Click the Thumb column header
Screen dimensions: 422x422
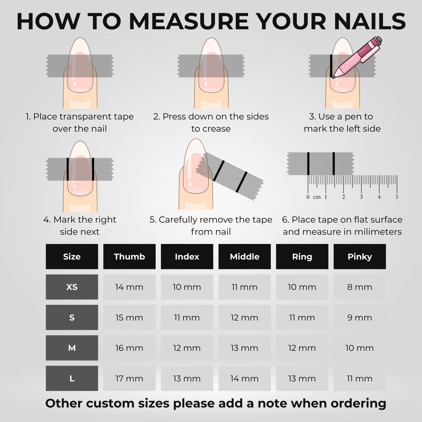pos(129,256)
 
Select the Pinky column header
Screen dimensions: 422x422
pos(359,256)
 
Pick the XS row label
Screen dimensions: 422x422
pos(72,287)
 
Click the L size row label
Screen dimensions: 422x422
pos(72,378)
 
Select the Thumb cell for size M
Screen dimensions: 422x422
pos(129,348)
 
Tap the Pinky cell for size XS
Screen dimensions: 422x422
pos(359,287)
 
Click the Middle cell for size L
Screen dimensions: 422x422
pos(244,378)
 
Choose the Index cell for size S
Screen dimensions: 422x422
pos(187,317)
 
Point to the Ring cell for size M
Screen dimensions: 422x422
pos(302,348)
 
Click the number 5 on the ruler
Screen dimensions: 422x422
pos(397,197)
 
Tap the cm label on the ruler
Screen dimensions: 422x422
pos(317,197)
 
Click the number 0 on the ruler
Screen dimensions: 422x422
pos(308,197)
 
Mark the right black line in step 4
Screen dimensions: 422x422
pos(93,169)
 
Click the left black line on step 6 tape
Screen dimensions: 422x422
pos(308,164)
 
